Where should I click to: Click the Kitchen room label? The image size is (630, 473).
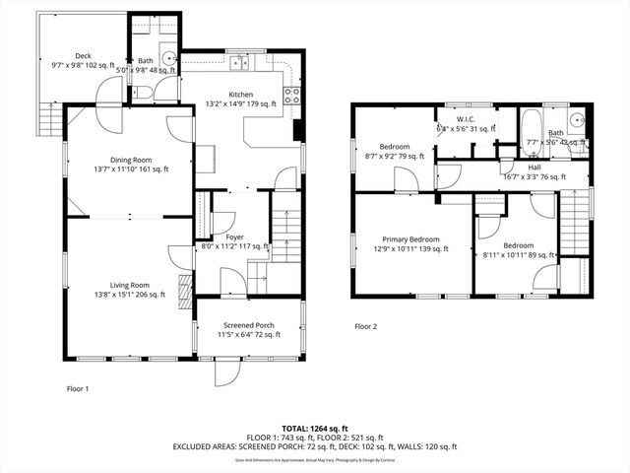pyautogui.click(x=241, y=95)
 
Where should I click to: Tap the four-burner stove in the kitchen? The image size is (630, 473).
pyautogui.click(x=292, y=96)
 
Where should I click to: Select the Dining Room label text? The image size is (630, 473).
pyautogui.click(x=130, y=160)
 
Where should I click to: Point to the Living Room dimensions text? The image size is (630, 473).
pyautogui.click(x=130, y=294)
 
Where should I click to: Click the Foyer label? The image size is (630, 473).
pyautogui.click(x=234, y=237)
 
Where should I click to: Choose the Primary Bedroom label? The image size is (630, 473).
pyautogui.click(x=411, y=239)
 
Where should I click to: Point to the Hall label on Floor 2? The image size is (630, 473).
pyautogui.click(x=535, y=168)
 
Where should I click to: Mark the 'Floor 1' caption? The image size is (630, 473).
pyautogui.click(x=77, y=388)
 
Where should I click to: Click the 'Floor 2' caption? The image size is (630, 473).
pyautogui.click(x=366, y=325)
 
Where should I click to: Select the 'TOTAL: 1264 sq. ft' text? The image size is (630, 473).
pyautogui.click(x=315, y=428)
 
